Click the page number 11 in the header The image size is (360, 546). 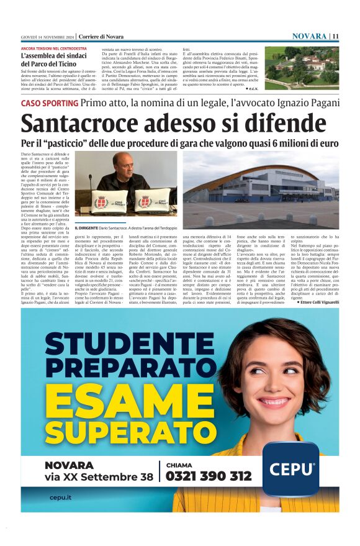[x=335, y=36]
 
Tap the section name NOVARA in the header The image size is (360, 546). [x=310, y=36]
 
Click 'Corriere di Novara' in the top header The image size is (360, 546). [x=102, y=36]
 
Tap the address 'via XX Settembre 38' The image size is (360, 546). [x=98, y=477]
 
